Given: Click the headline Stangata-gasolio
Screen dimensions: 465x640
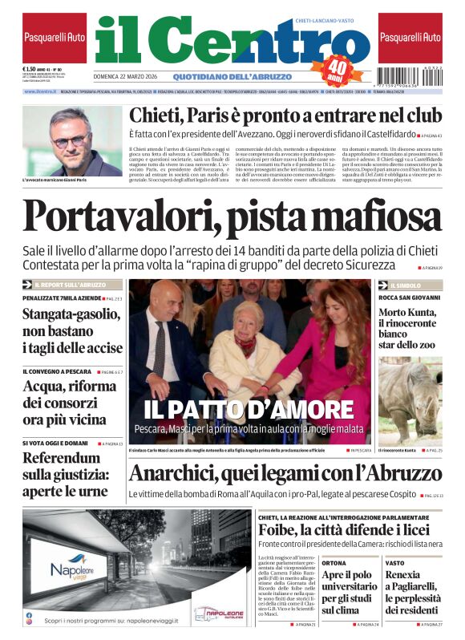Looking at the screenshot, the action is pyautogui.click(x=72, y=330).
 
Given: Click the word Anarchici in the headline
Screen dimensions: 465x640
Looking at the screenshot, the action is pyautogui.click(x=184, y=474).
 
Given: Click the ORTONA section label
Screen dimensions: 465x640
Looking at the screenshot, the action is pyautogui.click(x=334, y=563).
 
